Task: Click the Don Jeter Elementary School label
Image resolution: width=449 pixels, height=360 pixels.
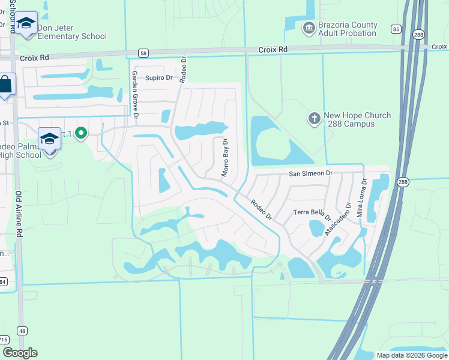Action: pos(72,32)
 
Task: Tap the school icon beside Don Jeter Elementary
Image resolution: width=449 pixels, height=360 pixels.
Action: pos(26,24)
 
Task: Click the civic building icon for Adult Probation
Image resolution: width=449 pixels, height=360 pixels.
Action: pos(309,27)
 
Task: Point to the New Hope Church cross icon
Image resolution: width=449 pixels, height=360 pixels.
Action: pos(314,118)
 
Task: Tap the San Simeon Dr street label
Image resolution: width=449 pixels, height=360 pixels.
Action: pos(310,173)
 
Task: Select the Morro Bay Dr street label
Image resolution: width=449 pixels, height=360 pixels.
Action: pos(226,157)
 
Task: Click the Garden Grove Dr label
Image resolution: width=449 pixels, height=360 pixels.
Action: pos(135,94)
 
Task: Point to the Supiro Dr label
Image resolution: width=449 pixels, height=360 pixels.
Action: pos(159,77)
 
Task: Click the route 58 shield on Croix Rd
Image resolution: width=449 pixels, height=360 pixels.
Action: pos(142,53)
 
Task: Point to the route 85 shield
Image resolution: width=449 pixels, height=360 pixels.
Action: pos(395,28)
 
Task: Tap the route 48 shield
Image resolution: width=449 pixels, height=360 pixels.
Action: pos(22,331)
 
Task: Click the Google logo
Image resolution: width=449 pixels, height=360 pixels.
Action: pos(20,353)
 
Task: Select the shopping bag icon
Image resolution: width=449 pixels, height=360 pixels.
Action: pos(5,84)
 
